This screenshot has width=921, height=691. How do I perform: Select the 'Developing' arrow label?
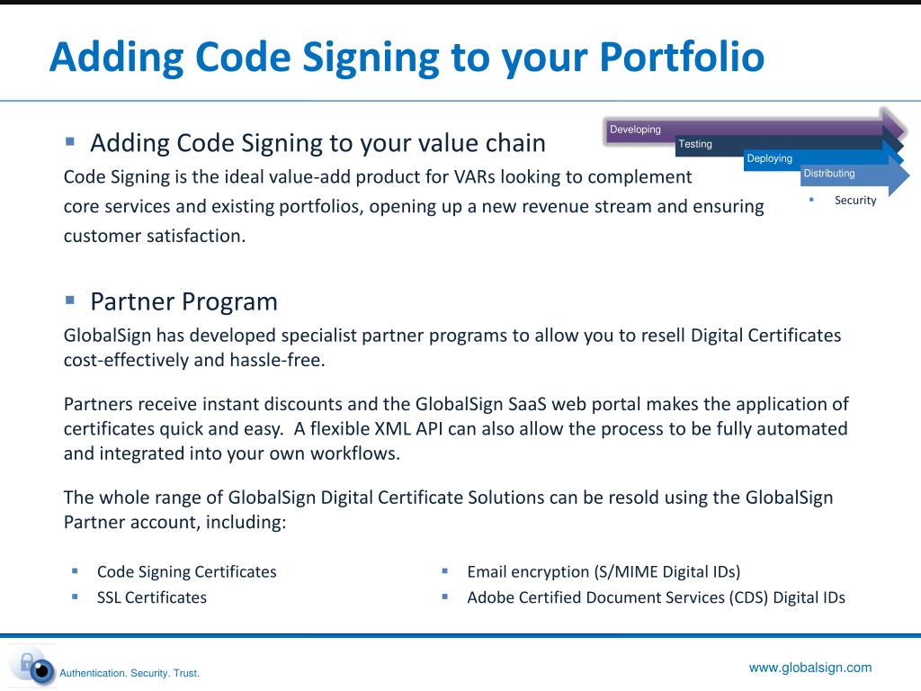(635, 130)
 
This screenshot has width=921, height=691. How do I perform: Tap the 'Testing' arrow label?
(694, 144)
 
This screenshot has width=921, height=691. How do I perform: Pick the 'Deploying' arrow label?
(769, 158)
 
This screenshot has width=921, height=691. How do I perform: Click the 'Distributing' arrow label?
(828, 174)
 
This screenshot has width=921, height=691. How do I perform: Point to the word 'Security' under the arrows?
(854, 200)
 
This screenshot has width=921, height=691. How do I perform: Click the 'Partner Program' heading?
(183, 301)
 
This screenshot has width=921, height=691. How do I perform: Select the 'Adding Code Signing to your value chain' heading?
(317, 143)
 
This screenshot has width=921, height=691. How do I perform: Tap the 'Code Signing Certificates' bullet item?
(186, 571)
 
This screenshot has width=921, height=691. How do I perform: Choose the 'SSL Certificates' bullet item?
(151, 597)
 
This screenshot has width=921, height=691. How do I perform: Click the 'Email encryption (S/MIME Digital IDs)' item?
(603, 571)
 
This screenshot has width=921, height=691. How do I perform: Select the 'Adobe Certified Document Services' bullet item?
(656, 597)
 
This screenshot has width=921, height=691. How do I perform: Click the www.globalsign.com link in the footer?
(810, 668)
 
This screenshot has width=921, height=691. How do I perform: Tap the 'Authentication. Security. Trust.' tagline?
(129, 673)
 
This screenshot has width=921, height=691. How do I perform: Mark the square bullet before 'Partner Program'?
(70, 299)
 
